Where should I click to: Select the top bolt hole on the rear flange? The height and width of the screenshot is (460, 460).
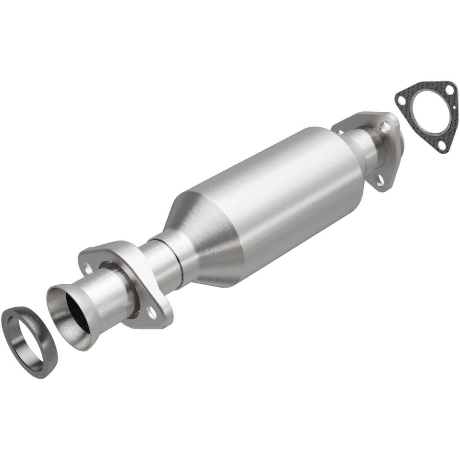click(384, 124)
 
